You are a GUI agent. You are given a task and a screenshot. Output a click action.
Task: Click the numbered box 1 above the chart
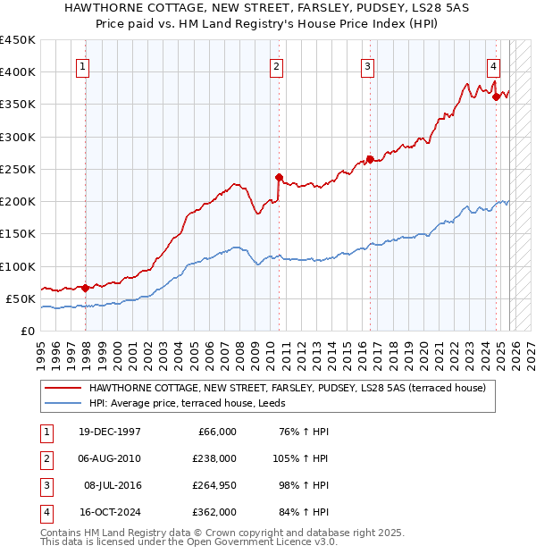click(82, 65)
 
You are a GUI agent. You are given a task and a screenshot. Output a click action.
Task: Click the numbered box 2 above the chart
click(277, 65)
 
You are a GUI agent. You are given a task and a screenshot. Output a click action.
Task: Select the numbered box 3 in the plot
click(367, 65)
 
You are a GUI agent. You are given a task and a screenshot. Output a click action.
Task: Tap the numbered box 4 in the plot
click(493, 65)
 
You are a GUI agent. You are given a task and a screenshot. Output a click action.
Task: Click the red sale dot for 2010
click(279, 177)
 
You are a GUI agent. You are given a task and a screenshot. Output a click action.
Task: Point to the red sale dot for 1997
click(86, 288)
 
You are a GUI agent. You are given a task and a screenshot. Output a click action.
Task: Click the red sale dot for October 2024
click(496, 97)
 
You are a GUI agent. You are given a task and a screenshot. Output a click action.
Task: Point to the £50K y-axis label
click(20, 298)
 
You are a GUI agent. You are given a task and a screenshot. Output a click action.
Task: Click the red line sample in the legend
click(63, 388)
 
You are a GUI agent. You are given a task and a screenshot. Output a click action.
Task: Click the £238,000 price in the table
click(215, 457)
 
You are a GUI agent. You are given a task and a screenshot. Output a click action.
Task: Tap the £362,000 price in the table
click(215, 511)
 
